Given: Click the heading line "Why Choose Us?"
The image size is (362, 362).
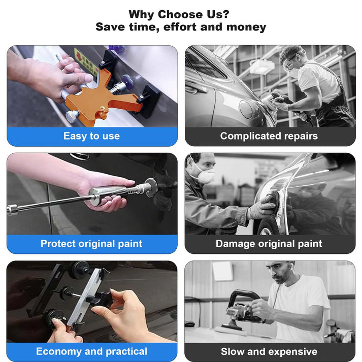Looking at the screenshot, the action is pyautogui.click(x=179, y=14).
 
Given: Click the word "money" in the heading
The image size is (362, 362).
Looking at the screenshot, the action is pyautogui.click(x=246, y=27).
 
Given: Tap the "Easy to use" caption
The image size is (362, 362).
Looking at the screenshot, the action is pyautogui.click(x=92, y=136).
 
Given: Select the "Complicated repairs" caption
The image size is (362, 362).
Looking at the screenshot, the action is pyautogui.click(x=269, y=136).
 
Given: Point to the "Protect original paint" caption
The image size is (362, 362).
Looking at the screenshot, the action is pyautogui.click(x=91, y=244).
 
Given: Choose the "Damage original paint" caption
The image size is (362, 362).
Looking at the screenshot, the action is pyautogui.click(x=269, y=244).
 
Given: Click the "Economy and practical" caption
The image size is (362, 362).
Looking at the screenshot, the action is pyautogui.click(x=92, y=351).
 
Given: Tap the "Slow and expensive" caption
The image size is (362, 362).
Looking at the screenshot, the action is pyautogui.click(x=269, y=352).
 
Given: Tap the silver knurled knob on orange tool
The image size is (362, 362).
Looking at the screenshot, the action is pyautogui.click(x=72, y=117).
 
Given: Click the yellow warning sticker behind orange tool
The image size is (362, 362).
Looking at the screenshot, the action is pyautogui.click(x=86, y=61).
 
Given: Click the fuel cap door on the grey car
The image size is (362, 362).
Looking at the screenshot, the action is pyautogui.click(x=247, y=109).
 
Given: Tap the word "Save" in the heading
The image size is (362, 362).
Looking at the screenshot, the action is pyautogui.click(x=110, y=27).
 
